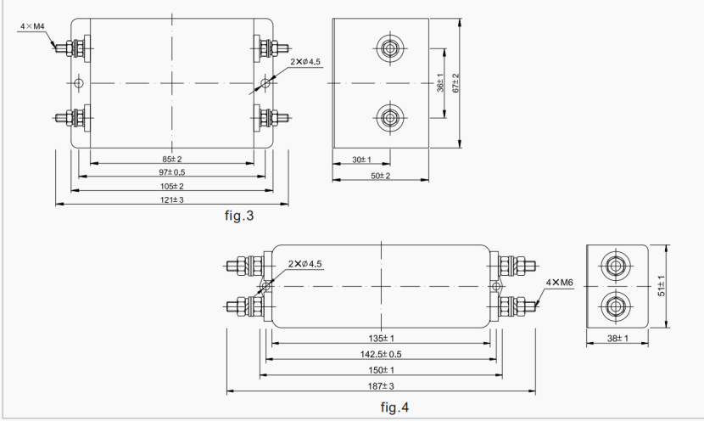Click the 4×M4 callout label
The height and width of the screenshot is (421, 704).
32,27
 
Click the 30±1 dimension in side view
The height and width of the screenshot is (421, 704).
360,159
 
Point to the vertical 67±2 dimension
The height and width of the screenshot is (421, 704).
455,84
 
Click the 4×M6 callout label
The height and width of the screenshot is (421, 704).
559,281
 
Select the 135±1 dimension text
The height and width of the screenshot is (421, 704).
381,340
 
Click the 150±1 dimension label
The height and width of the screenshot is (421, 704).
381,371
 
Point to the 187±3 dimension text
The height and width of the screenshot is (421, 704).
381,387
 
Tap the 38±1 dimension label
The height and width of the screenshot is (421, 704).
618,340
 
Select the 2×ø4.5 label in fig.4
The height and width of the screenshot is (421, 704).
306,264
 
